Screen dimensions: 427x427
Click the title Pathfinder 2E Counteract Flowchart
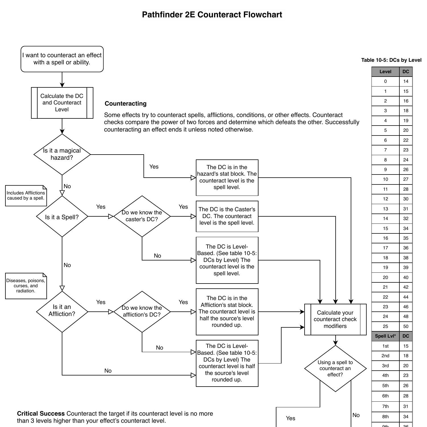(212, 15)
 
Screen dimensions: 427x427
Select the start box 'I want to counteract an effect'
(62, 59)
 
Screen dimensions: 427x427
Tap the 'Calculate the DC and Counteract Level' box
(62, 103)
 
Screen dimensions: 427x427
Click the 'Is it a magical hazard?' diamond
(62, 154)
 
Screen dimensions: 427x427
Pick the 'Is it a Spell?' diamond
(62, 217)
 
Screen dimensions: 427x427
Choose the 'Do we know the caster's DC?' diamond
(142, 216)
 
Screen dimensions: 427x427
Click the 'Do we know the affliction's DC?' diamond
(142, 311)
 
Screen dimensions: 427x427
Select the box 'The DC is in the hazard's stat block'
(227, 177)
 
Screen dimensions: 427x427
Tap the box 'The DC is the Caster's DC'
(227, 216)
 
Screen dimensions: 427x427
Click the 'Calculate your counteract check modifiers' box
(335, 319)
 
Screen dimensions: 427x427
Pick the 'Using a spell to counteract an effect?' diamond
(335, 368)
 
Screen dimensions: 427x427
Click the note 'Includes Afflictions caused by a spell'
(26, 196)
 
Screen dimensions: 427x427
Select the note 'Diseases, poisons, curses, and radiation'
(26, 286)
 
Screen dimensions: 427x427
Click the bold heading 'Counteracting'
(126, 104)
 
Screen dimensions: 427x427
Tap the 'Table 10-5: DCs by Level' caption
(391, 60)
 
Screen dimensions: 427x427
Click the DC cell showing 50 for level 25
(406, 327)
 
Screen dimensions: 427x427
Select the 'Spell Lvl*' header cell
(385, 336)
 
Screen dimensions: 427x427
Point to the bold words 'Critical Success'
(41, 414)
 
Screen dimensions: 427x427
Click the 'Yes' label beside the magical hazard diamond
(154, 167)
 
